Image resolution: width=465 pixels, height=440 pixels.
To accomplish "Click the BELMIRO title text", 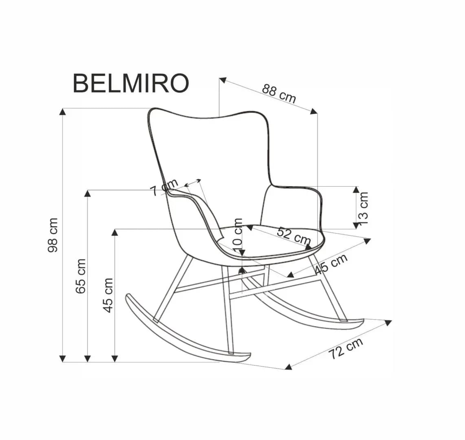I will (x=131, y=83).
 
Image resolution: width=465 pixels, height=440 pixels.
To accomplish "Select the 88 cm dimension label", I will (x=279, y=93).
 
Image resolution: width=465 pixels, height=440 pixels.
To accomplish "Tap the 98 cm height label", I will (x=53, y=235).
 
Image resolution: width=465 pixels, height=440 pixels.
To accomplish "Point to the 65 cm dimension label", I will (x=81, y=276).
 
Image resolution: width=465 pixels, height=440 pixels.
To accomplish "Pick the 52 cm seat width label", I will (x=294, y=236).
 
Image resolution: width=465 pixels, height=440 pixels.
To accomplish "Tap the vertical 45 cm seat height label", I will (x=108, y=295).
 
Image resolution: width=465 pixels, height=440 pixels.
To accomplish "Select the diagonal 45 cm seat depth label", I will (x=331, y=264).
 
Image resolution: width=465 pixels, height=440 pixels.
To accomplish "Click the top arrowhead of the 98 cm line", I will (x=62, y=111).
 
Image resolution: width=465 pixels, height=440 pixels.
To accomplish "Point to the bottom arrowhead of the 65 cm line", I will (x=87, y=359).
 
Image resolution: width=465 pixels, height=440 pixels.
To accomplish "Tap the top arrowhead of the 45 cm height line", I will (x=115, y=232).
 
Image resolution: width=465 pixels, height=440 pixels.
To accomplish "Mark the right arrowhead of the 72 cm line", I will (x=388, y=323).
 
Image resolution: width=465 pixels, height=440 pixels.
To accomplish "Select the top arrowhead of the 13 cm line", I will (x=356, y=189).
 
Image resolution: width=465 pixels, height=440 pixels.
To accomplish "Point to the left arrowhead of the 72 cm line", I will (x=288, y=367).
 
